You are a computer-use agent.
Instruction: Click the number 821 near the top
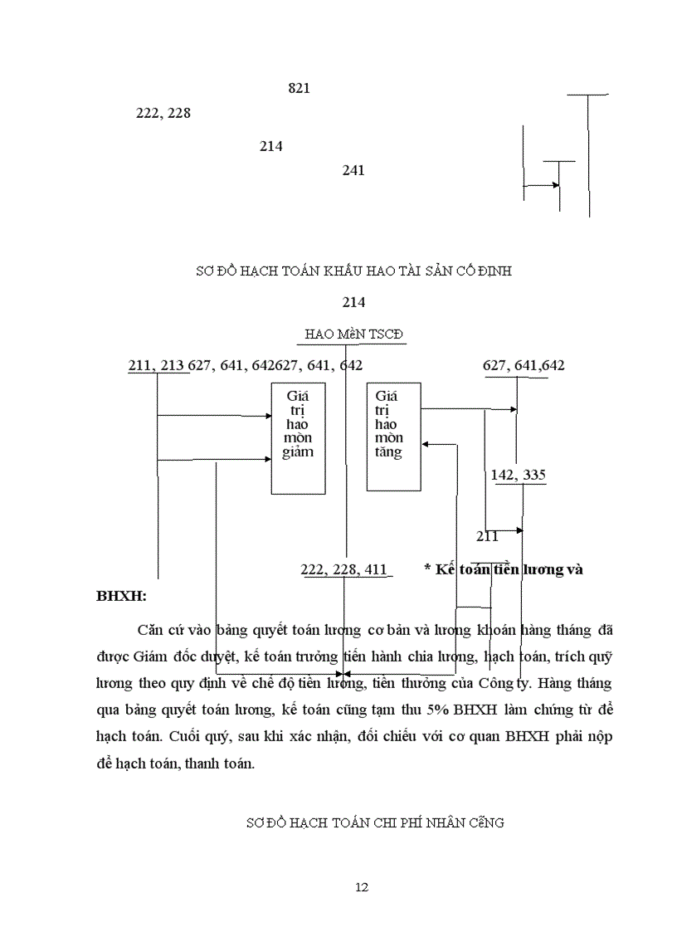[299, 88]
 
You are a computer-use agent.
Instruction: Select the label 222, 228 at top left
[163, 113]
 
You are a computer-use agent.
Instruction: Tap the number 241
[353, 170]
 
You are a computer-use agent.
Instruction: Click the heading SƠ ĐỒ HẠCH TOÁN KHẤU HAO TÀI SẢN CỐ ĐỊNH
[353, 271]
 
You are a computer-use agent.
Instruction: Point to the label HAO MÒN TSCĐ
[353, 334]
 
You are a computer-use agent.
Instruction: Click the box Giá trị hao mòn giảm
[299, 438]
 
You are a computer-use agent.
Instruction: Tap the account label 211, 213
[157, 365]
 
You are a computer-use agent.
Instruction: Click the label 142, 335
[519, 475]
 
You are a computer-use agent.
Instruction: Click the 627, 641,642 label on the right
[524, 365]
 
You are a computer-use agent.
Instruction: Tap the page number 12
[361, 886]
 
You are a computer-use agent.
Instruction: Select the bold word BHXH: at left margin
[121, 596]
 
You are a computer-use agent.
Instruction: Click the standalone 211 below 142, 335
[487, 536]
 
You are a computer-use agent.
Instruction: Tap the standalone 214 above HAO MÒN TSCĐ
[353, 302]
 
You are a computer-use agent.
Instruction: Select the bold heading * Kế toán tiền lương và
[504, 569]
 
